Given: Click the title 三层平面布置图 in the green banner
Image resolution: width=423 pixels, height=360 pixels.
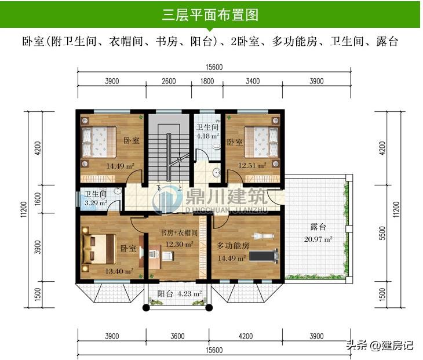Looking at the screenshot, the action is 210,14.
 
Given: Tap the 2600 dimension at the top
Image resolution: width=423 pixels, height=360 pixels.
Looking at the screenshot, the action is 169,81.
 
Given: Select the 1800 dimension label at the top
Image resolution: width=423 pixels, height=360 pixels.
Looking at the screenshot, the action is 207,81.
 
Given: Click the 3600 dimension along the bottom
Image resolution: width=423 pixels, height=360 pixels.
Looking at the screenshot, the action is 177,336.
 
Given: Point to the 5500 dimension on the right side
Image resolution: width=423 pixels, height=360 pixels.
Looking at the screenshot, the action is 382,233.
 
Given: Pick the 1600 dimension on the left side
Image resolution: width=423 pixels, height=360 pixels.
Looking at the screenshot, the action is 38,199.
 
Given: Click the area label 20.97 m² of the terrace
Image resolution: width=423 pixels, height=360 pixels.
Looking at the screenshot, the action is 318,239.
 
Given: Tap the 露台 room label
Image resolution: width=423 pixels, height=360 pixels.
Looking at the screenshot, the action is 318,227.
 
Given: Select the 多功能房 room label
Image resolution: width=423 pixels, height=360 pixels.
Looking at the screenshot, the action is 233,246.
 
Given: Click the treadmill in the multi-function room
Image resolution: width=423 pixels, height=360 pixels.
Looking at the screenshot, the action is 264,256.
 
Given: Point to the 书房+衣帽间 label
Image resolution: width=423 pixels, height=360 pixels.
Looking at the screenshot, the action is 179,232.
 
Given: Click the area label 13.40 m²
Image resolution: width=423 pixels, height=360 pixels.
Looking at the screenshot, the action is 119,271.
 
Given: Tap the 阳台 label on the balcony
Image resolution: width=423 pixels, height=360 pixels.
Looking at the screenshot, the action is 165,293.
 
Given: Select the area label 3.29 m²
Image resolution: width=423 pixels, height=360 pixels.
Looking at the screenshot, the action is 96,203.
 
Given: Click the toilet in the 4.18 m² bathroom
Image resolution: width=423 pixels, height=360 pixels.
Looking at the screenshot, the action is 216,147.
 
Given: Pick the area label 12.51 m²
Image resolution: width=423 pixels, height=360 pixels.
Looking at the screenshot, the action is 252,165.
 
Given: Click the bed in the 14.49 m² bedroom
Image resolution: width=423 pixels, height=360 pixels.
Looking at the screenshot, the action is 99,142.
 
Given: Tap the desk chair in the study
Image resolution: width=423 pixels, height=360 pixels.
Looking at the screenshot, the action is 167,256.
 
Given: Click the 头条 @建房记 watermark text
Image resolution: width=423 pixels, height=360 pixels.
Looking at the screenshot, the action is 380,345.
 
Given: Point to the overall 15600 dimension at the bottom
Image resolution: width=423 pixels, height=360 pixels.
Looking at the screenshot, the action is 214,350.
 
